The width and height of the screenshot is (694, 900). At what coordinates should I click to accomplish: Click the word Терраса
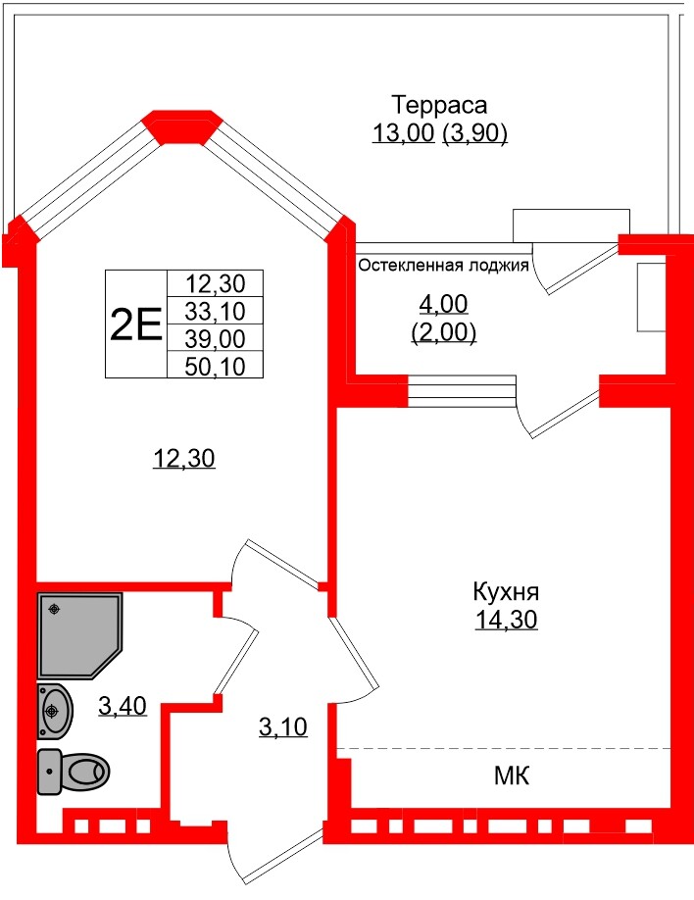tap(440, 105)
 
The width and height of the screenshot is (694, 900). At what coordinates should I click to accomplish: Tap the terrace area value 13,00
tap(403, 134)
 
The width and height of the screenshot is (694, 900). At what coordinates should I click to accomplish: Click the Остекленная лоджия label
tap(443, 265)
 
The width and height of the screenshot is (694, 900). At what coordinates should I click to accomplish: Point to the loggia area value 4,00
tap(443, 304)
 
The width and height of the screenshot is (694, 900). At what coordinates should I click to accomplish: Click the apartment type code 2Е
tap(135, 323)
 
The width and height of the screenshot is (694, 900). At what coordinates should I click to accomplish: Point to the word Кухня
tap(507, 592)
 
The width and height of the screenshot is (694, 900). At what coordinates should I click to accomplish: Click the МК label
tap(512, 777)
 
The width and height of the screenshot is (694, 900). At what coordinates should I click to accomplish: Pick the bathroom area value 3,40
tap(123, 704)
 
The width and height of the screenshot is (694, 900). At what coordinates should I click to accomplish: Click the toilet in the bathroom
tap(74, 773)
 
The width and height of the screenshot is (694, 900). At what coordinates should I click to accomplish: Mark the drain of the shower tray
tap(56, 609)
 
